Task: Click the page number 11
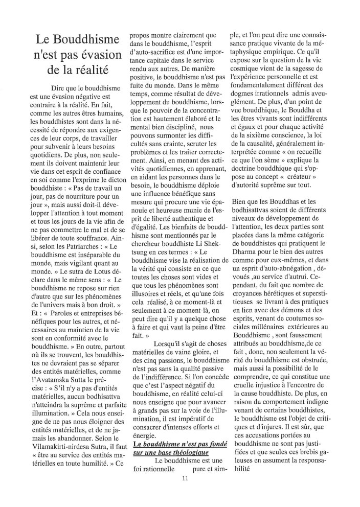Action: (185, 478)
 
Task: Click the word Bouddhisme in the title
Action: (84, 40)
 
